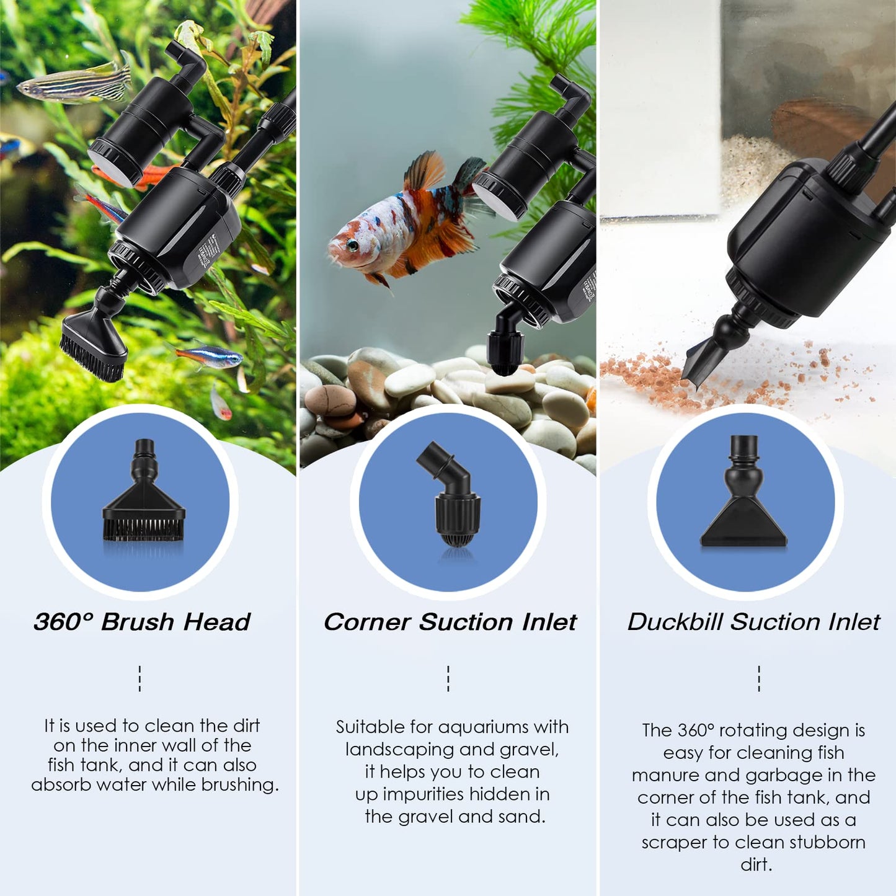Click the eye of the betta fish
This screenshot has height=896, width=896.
pyautogui.click(x=352, y=244)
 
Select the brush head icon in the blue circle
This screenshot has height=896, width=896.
pyautogui.click(x=143, y=496)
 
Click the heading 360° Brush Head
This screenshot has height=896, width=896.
pyautogui.click(x=142, y=622)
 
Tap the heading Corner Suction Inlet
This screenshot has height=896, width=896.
pyautogui.click(x=450, y=622)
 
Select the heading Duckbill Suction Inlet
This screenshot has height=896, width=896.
pyautogui.click(x=753, y=622)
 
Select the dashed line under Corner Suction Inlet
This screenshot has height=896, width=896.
pyautogui.click(x=448, y=678)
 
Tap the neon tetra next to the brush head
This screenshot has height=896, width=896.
pyautogui.click(x=208, y=356)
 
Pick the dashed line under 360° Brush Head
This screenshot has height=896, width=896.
pyautogui.click(x=140, y=678)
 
